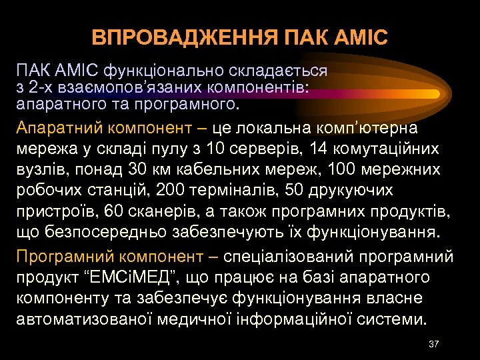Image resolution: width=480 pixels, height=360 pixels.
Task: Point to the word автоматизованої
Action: [74, 318]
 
